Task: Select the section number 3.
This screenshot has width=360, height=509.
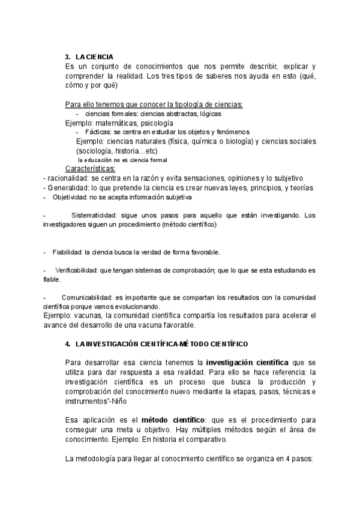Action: click(68, 56)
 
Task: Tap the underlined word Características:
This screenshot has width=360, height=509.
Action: click(90, 169)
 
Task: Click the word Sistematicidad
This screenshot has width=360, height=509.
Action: click(94, 215)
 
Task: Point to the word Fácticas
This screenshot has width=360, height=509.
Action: click(98, 131)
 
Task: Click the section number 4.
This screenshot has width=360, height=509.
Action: click(68, 344)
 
